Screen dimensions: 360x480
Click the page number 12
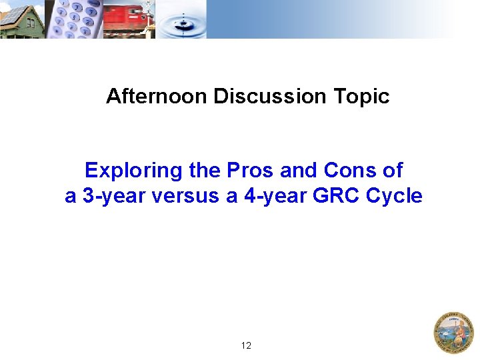coord(246,345)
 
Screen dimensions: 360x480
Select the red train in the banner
coord(127,19)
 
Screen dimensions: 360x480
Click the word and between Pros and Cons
coord(297,171)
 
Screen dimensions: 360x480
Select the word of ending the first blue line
coord(393,171)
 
